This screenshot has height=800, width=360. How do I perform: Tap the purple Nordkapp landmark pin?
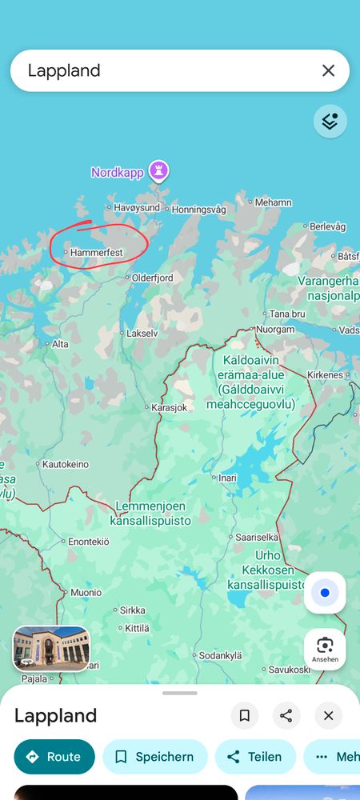[x=161, y=170]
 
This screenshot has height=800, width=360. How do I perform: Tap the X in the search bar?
[x=328, y=70]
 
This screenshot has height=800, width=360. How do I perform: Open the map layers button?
[x=330, y=122]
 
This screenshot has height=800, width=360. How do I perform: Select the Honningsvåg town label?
[x=198, y=210]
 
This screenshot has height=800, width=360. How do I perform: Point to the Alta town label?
[x=60, y=344]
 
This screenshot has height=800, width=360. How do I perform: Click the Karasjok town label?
[x=169, y=407]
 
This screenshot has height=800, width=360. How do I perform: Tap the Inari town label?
[x=228, y=478]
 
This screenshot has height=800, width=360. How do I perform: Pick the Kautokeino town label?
[x=65, y=464]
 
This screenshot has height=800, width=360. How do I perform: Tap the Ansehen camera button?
[x=325, y=649]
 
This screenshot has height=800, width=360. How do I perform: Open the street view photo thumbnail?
[x=51, y=648]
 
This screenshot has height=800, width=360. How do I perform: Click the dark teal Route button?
[x=54, y=757]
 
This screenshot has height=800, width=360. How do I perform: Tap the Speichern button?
[x=154, y=757]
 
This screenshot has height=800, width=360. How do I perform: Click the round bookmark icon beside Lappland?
[x=245, y=715]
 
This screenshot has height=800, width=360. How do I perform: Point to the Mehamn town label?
[x=273, y=203]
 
